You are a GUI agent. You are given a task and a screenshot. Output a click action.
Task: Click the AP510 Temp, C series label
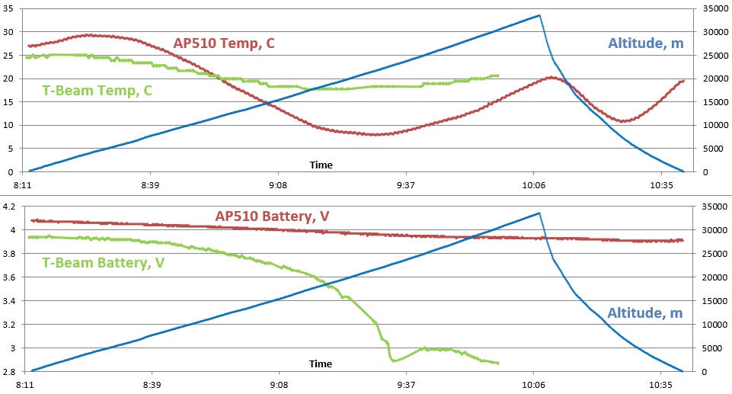coord(224,43)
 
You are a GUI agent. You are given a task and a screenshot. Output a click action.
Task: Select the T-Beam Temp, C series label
coord(97,91)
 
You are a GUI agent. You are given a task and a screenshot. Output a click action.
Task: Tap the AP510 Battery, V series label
coord(272,216)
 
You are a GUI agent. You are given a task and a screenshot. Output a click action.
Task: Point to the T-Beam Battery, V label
coord(104,263)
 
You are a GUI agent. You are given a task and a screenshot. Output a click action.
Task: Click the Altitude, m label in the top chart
coord(646,43)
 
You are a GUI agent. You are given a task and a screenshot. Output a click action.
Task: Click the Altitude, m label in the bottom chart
coord(645,313)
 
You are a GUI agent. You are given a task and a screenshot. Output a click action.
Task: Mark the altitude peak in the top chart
coord(539,15)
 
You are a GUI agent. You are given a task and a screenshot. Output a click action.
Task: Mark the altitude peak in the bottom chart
coord(539,213)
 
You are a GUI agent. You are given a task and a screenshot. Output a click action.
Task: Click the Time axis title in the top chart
coord(321,165)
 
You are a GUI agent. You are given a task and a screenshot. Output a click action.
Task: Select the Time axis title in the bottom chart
coord(321,364)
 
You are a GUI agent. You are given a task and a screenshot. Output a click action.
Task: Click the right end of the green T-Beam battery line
coord(498,363)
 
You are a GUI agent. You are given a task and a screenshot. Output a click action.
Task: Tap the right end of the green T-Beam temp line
coord(498,75)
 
